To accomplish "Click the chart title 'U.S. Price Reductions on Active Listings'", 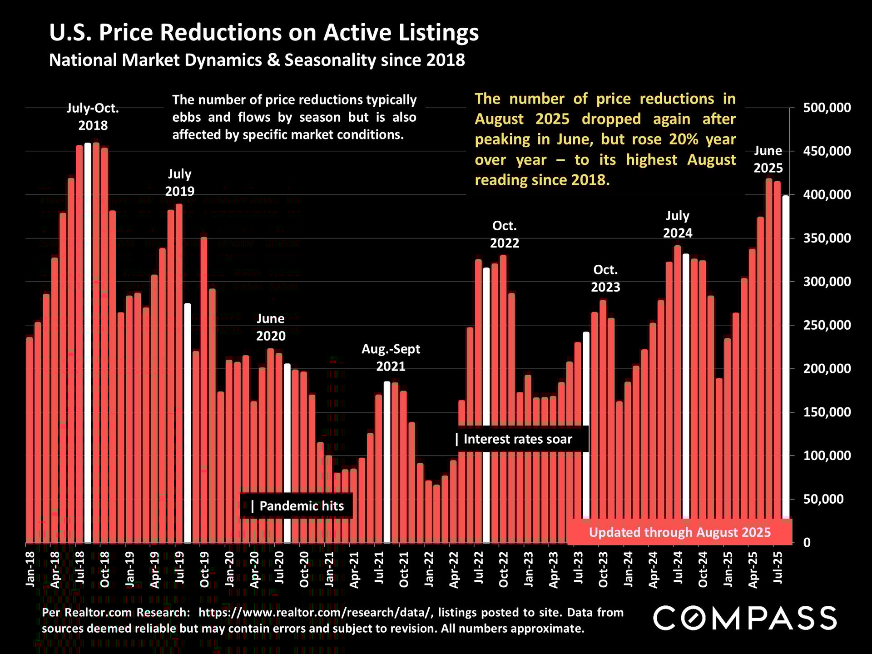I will click(264, 33).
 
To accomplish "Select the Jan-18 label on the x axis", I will click(30, 569).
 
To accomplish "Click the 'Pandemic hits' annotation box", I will click(297, 506).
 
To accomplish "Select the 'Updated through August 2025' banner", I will click(679, 532).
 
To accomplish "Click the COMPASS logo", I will click(745, 618).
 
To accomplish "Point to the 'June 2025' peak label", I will click(768, 159).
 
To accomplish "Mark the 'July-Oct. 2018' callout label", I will click(93, 117).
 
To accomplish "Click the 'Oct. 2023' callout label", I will click(605, 278).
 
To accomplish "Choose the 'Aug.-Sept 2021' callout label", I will click(391, 357).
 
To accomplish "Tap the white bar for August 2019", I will click(187, 422).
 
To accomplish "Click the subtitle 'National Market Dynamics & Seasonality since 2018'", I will click(257, 60).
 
